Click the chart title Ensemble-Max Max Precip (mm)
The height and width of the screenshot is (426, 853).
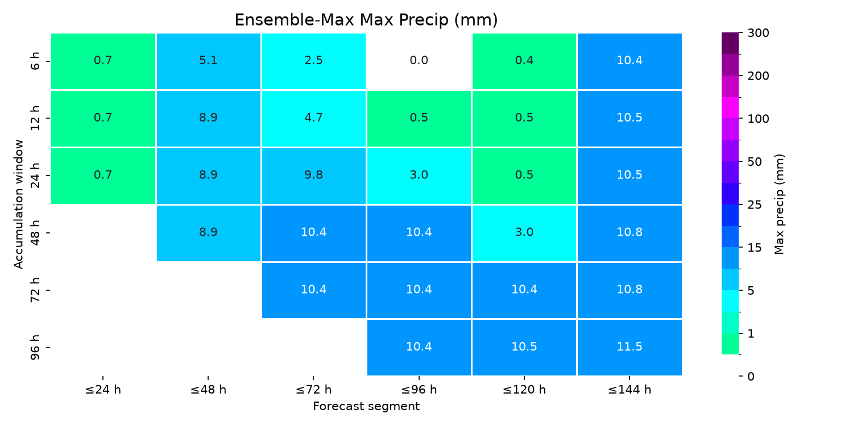[x=366, y=20]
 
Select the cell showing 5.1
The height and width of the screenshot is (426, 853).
[x=208, y=61]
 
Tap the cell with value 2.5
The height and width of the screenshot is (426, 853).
[x=314, y=61]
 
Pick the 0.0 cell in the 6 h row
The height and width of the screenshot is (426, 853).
[x=419, y=61]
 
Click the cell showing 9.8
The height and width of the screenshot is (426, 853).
[x=314, y=176]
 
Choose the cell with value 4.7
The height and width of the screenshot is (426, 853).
[x=314, y=118]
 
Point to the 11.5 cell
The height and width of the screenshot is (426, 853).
[x=630, y=347]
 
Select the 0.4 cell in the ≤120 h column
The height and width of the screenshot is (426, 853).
[x=524, y=61]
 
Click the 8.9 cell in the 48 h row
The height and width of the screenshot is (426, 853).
[x=208, y=233]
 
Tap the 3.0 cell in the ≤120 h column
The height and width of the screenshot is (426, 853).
[x=524, y=233]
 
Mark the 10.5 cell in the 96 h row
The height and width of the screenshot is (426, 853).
[x=524, y=347]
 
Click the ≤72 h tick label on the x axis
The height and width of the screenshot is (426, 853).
[x=314, y=390]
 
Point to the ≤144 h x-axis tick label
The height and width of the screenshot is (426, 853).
[x=630, y=390]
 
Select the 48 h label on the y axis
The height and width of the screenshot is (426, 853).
[x=35, y=233]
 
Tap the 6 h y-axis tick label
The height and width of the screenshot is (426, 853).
[x=35, y=61]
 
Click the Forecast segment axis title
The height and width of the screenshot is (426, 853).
[x=366, y=407]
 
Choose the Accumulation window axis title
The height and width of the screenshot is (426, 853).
[x=18, y=204]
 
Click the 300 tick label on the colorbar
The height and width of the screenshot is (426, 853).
[x=758, y=33]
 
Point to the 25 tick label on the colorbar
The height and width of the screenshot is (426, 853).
[x=755, y=205]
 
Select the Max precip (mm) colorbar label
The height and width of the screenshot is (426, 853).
[x=779, y=204]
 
